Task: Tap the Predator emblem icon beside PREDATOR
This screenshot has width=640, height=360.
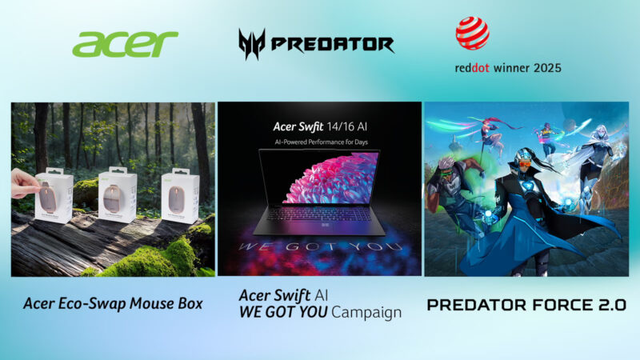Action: tap(252, 44)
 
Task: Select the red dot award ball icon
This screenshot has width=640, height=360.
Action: tap(472, 33)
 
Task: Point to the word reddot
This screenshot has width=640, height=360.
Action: tap(474, 68)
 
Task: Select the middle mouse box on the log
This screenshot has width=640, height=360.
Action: tap(117, 194)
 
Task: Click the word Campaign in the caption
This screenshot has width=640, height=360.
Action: tap(366, 312)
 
